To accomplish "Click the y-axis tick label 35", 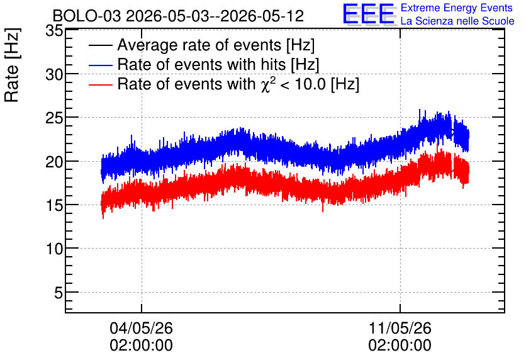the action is coord(54,31).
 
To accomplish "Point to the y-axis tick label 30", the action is coord(54,74).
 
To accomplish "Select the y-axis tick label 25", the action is coord(54,118).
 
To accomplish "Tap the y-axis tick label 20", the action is coord(54,162).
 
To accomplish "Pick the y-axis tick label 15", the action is coord(54,205).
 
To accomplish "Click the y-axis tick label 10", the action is coord(54,249).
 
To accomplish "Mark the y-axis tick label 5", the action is coord(59,293).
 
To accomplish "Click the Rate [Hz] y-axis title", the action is coord(12,65).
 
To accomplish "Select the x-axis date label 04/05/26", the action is coord(141,328).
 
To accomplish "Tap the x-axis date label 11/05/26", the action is coord(400,328).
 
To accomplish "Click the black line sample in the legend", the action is coord(100,45).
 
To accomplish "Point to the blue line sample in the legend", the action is coord(100,65).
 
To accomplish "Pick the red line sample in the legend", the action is coord(100,84).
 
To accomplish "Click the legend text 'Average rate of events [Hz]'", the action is coord(216,45).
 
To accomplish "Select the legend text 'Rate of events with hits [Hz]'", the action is coord(218,64).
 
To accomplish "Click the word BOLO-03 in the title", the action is coord(87,16).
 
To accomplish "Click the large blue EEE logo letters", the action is coord(369,14).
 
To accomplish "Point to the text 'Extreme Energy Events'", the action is coord(457,8).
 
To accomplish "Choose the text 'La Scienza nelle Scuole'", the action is coord(457,21).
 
